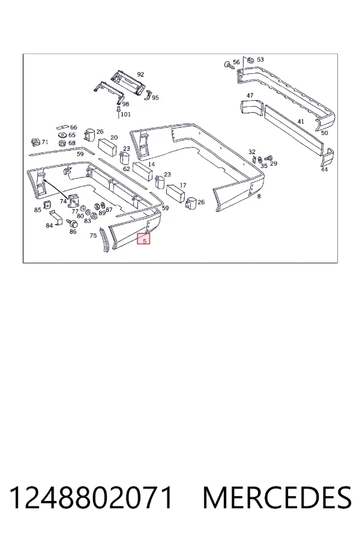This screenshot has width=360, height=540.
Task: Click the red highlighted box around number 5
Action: pos(143,239)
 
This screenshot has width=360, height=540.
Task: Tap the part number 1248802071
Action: pos(91,497)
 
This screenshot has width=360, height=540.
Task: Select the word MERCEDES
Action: pos(277,497)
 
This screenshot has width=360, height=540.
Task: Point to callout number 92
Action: pos(140,74)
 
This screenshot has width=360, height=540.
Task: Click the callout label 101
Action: pos(125,114)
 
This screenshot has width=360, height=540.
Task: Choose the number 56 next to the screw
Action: pos(236,62)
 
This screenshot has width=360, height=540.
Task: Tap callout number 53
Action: pos(260,59)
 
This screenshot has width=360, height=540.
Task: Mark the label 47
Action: pos(250,95)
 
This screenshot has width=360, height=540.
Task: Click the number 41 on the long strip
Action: pos(301,121)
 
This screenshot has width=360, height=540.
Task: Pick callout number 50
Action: pos(325,133)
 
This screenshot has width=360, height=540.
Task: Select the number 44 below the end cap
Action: pos(324,169)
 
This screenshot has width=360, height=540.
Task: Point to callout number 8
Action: pos(259,196)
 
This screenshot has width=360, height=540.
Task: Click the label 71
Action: pos(45,142)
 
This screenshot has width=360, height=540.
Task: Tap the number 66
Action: pos(74,127)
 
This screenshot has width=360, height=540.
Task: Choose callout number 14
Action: pos(151,164)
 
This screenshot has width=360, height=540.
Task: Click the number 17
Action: pos(183,185)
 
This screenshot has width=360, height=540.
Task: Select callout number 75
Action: pos(93,236)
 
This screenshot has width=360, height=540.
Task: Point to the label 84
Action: pos(49,225)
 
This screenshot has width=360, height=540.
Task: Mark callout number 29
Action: pos(274,163)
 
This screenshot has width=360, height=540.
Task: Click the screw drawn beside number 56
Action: pos(229,65)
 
